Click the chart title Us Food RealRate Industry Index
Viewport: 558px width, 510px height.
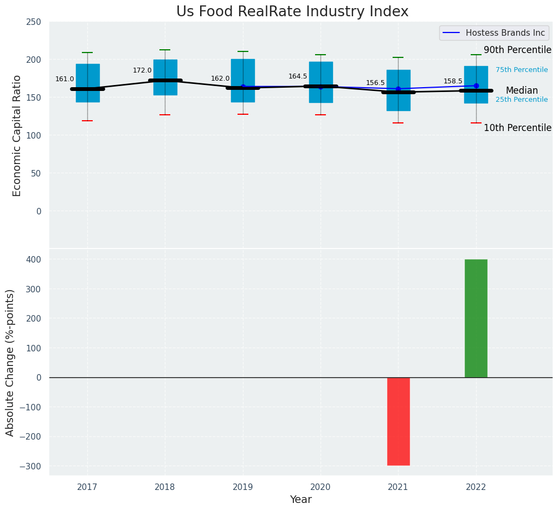[292, 12]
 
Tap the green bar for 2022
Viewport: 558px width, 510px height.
[476, 318]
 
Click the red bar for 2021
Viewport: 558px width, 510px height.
[398, 421]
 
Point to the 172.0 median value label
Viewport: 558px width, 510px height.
[142, 70]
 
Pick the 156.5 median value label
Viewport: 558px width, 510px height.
[375, 83]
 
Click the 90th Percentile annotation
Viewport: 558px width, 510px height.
[517, 50]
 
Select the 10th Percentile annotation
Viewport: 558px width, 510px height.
[517, 128]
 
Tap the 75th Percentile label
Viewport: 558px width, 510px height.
[521, 70]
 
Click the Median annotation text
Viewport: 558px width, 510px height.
[522, 90]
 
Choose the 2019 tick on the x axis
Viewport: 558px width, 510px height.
[243, 487]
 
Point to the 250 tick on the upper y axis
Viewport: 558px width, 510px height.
[34, 22]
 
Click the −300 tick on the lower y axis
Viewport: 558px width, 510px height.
[30, 466]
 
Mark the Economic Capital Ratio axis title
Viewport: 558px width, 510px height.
[17, 135]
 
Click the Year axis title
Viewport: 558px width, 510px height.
[300, 500]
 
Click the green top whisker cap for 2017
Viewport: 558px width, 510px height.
[87, 53]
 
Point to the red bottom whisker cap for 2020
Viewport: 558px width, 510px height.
[320, 115]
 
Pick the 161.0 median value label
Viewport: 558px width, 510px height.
[65, 79]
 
